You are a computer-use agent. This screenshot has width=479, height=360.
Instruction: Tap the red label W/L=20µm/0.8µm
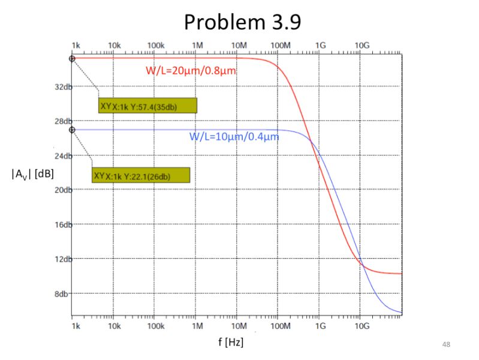191,70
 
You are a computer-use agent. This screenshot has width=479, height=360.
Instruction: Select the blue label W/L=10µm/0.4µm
234,136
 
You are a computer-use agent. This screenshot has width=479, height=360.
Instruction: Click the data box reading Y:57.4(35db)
147,106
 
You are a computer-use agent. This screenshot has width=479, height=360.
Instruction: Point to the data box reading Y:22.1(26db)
141,175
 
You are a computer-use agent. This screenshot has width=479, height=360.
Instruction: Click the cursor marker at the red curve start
72,58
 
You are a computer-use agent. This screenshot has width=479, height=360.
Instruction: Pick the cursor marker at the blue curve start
72,130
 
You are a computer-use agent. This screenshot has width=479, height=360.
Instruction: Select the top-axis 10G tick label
362,46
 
